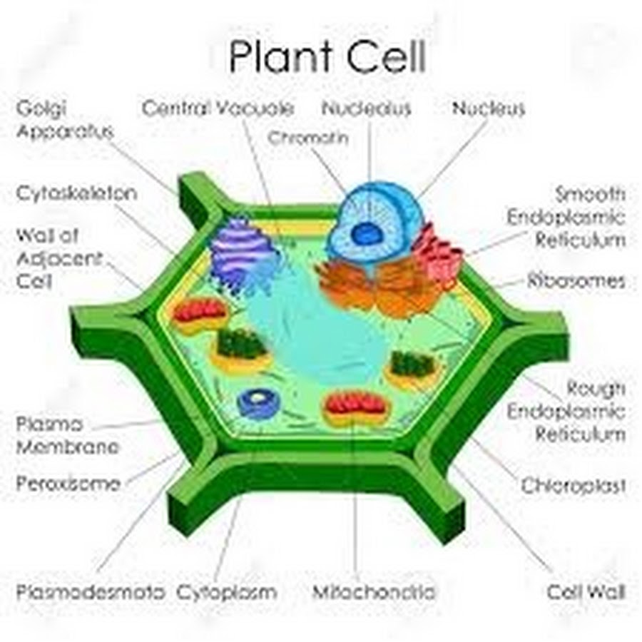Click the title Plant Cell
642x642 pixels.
coord(327,56)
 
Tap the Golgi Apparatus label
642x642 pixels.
coord(64,120)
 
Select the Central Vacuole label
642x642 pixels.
coord(218,108)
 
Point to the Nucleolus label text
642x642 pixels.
coord(366,108)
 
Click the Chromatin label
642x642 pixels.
coord(308,138)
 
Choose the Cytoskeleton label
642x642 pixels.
coord(76,193)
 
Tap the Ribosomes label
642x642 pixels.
coord(576,281)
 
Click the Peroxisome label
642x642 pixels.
coord(68,484)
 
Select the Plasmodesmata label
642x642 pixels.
coord(90,591)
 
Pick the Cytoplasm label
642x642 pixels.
coord(226,593)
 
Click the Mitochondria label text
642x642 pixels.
coord(373,591)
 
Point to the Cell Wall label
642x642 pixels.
coord(586,591)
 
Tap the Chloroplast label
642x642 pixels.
coord(574,486)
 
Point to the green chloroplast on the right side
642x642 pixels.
coord(412,367)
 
